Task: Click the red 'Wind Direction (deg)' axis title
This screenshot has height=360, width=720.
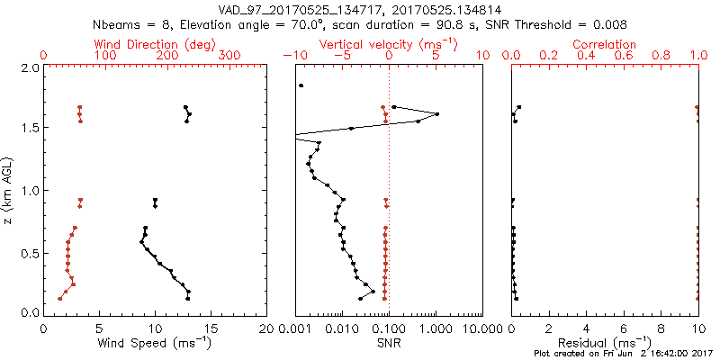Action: (x=153, y=44)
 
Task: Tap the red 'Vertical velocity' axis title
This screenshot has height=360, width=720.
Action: (x=388, y=44)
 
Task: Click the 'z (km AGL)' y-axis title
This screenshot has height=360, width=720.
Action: (x=9, y=189)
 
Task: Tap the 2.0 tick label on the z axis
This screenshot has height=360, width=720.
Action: (x=29, y=68)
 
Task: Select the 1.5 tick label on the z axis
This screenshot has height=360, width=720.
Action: (x=29, y=129)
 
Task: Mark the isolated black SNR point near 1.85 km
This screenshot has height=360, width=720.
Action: (x=301, y=85)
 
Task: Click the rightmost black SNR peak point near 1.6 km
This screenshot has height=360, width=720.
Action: (x=436, y=113)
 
